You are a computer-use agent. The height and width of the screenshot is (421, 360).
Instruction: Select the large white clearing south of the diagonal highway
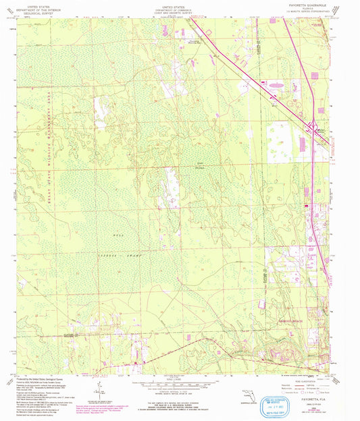[x=284, y=135]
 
